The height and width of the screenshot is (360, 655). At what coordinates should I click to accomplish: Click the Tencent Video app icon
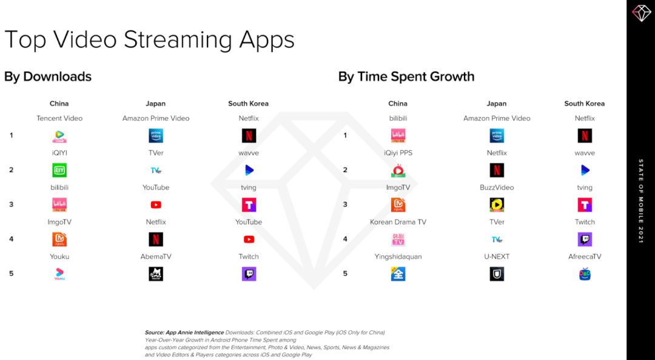(59, 136)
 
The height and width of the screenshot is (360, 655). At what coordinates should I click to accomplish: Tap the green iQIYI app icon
(59, 170)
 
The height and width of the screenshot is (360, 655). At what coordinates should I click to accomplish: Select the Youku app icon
(59, 274)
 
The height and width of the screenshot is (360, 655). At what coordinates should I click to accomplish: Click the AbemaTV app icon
(156, 274)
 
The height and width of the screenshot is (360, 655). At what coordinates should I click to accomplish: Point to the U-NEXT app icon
(497, 274)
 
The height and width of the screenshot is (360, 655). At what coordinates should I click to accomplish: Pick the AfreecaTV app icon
(585, 274)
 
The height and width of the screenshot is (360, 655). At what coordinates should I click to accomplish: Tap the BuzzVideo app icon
(497, 205)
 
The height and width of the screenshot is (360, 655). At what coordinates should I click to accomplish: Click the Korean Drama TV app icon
(398, 239)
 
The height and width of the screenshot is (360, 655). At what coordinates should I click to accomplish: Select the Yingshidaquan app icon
(398, 274)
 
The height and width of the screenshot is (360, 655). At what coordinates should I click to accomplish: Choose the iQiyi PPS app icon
(398, 170)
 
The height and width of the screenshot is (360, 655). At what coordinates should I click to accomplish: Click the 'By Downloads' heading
(48, 77)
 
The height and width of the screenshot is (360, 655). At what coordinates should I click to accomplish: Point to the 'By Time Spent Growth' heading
(406, 77)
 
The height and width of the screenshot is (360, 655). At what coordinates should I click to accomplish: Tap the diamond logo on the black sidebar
(641, 13)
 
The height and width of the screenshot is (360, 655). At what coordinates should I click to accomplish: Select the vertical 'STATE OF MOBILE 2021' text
(641, 201)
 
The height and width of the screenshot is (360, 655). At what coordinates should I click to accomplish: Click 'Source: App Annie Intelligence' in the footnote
(184, 333)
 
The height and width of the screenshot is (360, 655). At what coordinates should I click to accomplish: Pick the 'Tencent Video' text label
(59, 118)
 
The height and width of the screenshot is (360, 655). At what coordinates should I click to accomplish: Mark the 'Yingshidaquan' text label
(398, 257)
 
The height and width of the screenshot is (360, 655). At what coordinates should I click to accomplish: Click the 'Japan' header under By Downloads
(155, 104)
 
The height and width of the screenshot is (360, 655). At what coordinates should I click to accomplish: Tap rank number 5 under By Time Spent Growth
(345, 273)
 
